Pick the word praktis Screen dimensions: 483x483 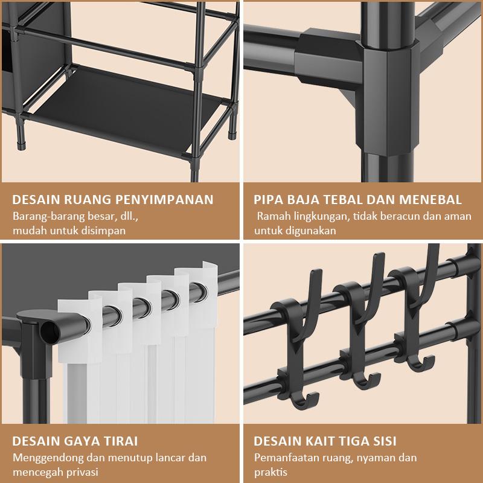click(x=270, y=472)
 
